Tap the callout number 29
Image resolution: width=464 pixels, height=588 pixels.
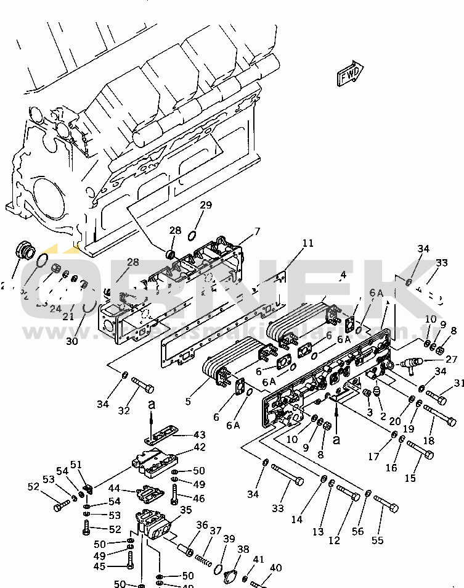point(206,205)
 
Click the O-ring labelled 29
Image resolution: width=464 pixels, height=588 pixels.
point(193,234)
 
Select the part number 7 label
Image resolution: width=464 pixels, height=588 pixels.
point(258,231)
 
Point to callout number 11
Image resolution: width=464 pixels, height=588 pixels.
point(307,243)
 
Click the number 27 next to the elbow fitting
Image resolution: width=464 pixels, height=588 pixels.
point(452,360)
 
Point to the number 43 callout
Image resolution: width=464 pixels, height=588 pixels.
point(200,434)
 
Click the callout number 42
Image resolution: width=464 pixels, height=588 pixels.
point(200,447)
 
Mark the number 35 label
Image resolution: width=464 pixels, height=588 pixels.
point(185,510)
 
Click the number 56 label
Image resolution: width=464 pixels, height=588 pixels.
point(357,530)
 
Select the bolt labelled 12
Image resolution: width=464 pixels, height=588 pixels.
point(349,494)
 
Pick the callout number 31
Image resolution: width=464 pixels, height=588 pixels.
point(458,384)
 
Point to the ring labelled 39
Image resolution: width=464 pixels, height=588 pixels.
point(219,567)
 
